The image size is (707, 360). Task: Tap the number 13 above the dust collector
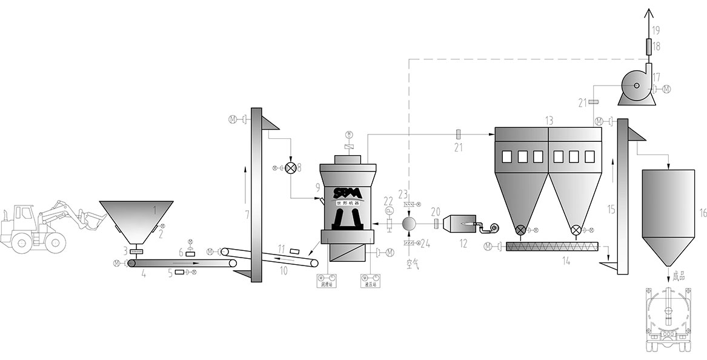pyautogui.click(x=549, y=121)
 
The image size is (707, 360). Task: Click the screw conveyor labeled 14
pyautogui.click(x=551, y=246)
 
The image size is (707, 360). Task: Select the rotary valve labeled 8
pyautogui.click(x=291, y=168)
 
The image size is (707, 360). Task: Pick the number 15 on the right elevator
pyautogui.click(x=611, y=210)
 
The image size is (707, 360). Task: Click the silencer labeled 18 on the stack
pyautogui.click(x=650, y=45)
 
